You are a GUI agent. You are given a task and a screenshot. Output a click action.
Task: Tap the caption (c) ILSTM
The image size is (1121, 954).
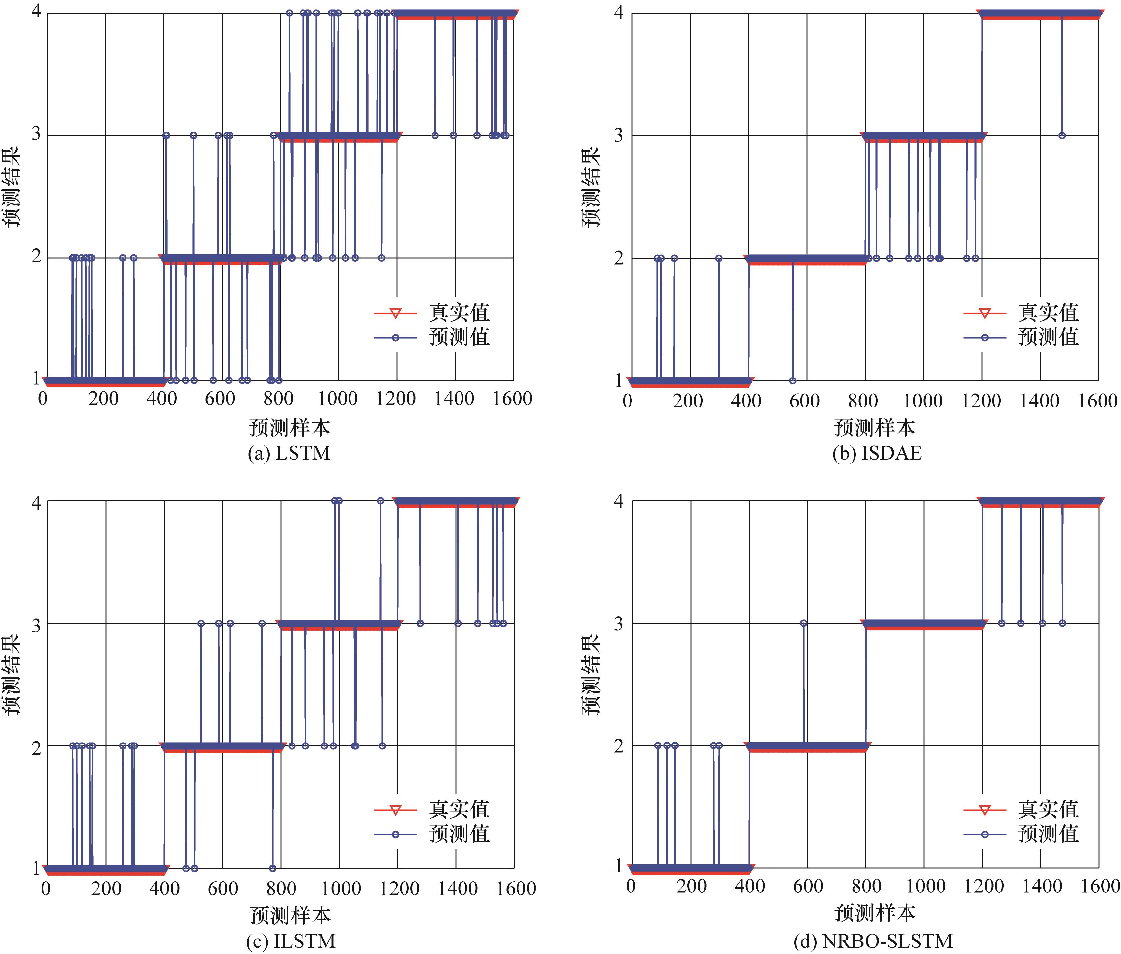pyautogui.click(x=291, y=941)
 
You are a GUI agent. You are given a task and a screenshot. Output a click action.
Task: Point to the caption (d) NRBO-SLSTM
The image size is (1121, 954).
pyautogui.click(x=873, y=941)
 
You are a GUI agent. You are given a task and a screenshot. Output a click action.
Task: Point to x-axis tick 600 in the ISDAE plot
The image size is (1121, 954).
pyautogui.click(x=805, y=401)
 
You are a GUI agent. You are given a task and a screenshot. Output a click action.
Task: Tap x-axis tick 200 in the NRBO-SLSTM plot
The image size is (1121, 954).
pyautogui.click(x=691, y=886)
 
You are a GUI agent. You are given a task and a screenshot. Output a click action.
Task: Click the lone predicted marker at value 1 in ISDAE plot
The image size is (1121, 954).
pyautogui.click(x=792, y=381)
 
